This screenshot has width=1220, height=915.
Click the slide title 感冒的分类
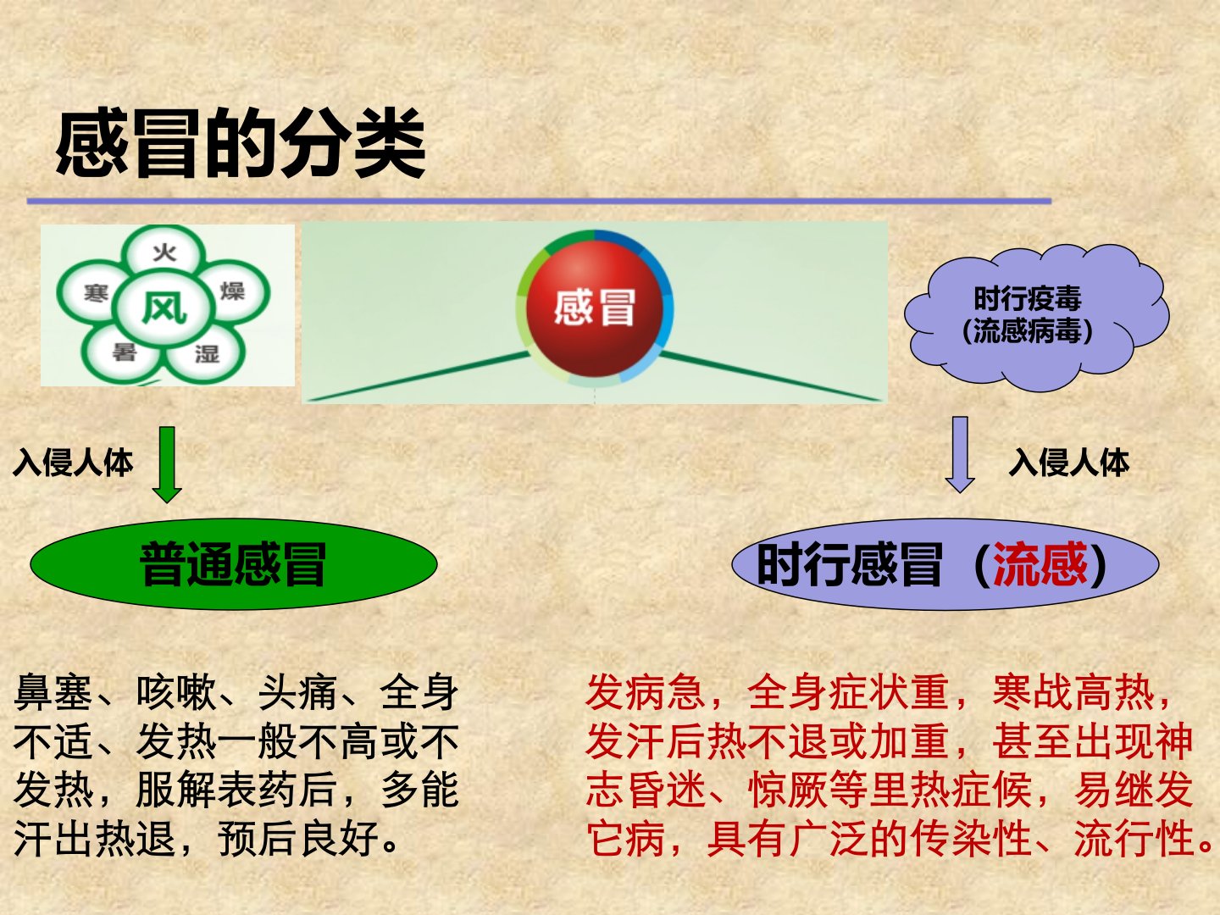(241, 143)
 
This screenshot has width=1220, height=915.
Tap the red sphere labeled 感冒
(594, 308)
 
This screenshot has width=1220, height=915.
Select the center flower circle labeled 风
(164, 308)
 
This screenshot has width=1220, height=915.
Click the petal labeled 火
(164, 251)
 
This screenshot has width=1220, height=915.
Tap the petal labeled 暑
(122, 352)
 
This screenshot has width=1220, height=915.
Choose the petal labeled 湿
(206, 352)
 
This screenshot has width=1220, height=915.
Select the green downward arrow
(167, 464)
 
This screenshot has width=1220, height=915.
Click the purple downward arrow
(960, 454)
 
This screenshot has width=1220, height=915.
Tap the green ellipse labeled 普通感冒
(234, 564)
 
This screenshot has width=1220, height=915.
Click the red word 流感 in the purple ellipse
(1040, 564)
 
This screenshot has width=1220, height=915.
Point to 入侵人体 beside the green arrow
(73, 463)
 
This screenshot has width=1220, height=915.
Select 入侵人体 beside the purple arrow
(1069, 463)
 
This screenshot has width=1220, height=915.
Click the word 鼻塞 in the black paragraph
(53, 692)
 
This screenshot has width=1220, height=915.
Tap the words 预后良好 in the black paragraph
(299, 838)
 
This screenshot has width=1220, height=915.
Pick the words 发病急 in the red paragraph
(646, 692)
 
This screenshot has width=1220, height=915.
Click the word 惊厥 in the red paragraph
(788, 790)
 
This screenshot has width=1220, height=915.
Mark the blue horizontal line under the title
(539, 201)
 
